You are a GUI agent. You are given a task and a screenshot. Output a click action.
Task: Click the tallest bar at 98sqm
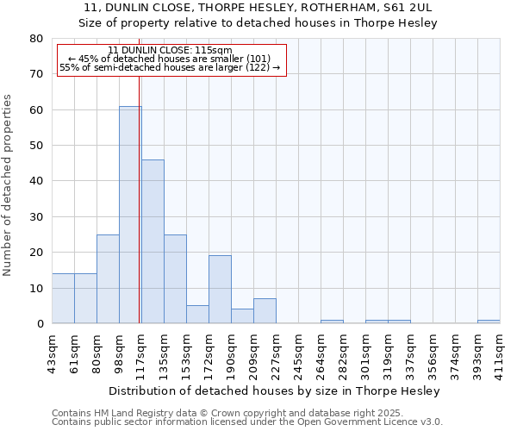[x=130, y=215]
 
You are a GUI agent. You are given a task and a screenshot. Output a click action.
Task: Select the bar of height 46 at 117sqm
[x=153, y=241]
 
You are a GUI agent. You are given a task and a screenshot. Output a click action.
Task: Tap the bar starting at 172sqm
[x=220, y=290]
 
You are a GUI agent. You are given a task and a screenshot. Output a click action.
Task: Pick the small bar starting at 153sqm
[x=197, y=315]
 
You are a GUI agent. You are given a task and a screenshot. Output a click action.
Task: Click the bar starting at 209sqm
[x=265, y=311]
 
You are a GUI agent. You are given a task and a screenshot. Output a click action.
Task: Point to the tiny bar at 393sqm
[x=489, y=322]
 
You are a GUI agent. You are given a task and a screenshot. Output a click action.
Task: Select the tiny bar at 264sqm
[x=332, y=322]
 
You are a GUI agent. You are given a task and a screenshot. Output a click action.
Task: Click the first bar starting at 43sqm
[x=63, y=298]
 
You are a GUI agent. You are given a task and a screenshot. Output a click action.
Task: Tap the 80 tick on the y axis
[x=35, y=39]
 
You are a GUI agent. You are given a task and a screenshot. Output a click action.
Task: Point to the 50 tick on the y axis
[x=35, y=146]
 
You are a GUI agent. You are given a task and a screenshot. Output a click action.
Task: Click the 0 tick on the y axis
[x=39, y=324]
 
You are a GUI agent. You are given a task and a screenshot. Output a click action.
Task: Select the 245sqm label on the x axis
[x=298, y=353]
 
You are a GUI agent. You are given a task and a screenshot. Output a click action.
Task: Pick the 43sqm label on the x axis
[x=53, y=351]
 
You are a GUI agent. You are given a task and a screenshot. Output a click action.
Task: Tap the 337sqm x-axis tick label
[x=410, y=353]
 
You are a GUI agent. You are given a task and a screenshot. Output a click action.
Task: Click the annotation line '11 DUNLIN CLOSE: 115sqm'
[x=171, y=50]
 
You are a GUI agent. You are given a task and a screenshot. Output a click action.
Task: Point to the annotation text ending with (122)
[x=171, y=67]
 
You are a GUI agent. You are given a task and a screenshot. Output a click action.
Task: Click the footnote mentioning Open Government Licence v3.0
[x=247, y=422]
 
